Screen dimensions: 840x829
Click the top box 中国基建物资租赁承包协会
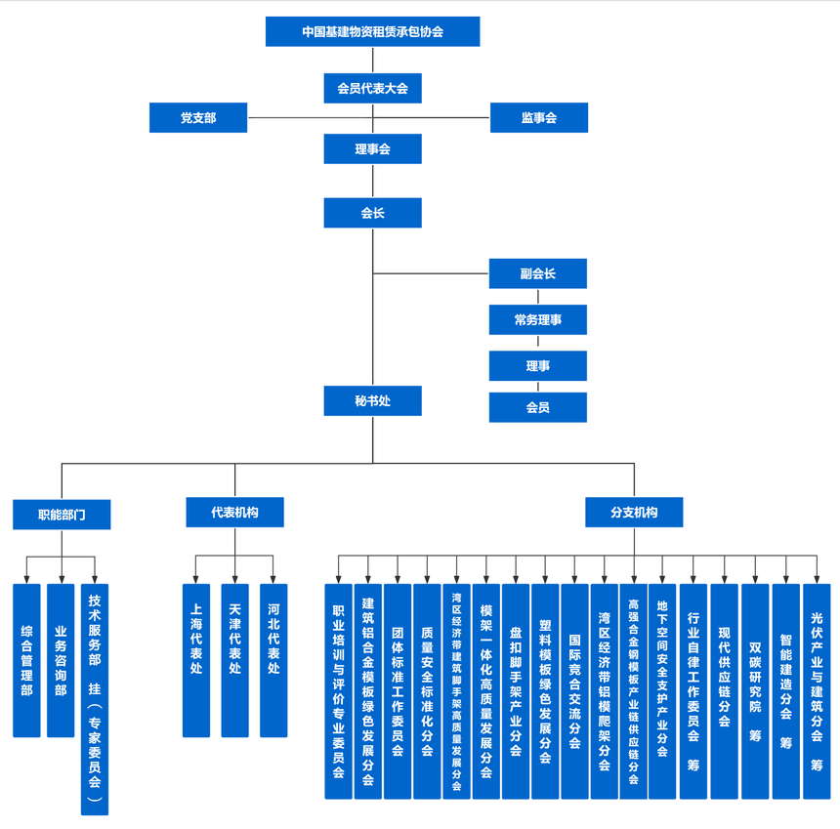[372, 31]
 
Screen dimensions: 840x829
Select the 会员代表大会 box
[372, 88]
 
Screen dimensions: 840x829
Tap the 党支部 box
[198, 117]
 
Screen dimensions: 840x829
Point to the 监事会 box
[539, 117]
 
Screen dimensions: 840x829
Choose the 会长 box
[372, 213]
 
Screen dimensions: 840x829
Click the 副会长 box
[538, 273]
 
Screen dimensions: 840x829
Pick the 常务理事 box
[538, 319]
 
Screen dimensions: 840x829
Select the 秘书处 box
[372, 400]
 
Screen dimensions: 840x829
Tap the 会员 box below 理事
[538, 407]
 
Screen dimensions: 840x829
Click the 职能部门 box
[62, 515]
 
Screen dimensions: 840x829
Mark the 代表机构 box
[234, 513]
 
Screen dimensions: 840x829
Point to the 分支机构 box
[634, 513]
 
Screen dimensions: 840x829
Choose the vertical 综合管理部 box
[26, 660]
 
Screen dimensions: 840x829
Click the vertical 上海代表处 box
[196, 660]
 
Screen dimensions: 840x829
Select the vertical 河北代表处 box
[273, 660]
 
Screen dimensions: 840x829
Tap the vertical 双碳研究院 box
[755, 691]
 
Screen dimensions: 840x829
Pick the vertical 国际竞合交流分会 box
[574, 691]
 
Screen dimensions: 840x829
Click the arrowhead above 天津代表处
[234, 579]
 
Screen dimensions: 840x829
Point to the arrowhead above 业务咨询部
[62, 579]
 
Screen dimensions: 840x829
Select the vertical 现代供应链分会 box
[725, 691]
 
